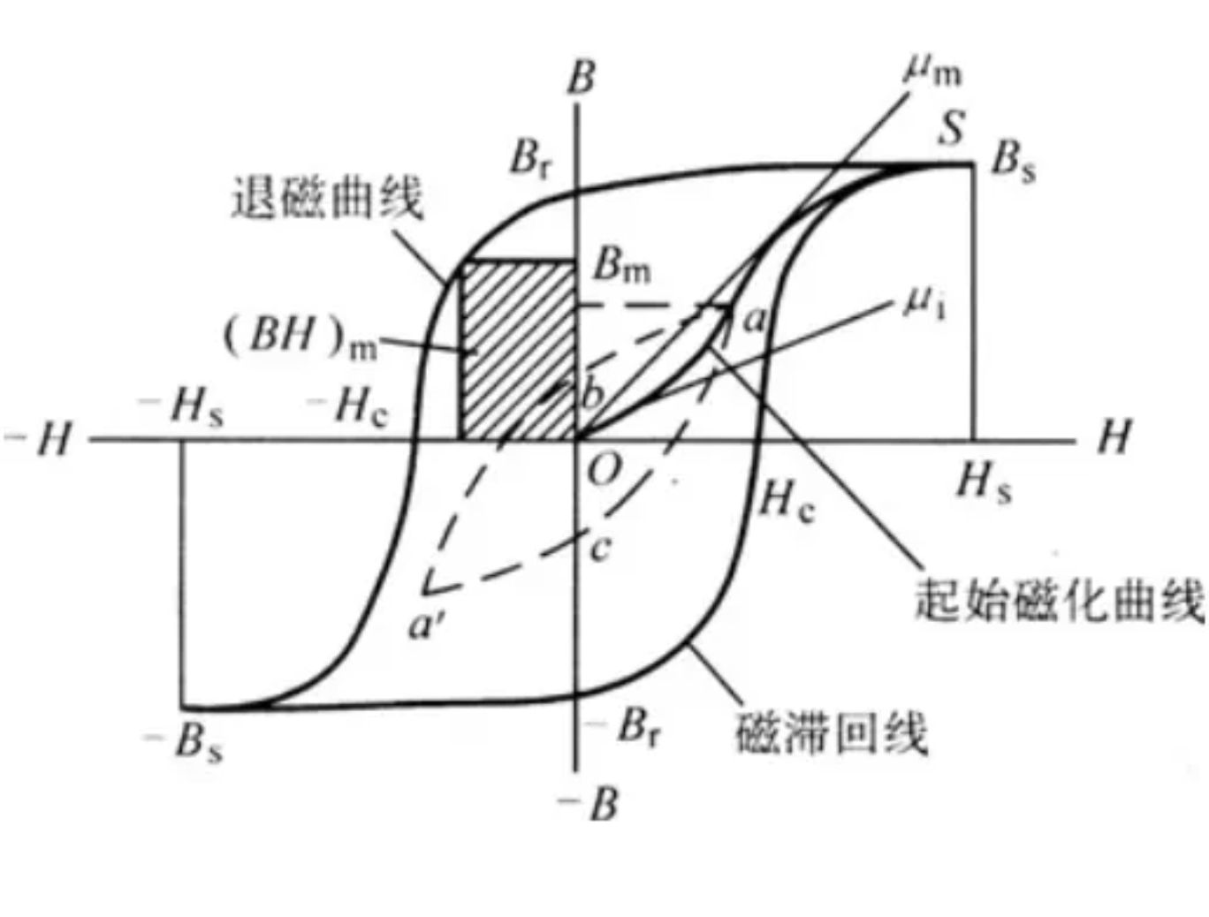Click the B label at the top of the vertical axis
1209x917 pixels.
[x=581, y=78]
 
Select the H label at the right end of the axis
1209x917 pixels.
[x=1114, y=436]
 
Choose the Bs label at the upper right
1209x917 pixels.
[x=1013, y=161]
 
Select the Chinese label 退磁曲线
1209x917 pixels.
[x=327, y=197]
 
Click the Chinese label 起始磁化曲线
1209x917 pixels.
[x=1059, y=601]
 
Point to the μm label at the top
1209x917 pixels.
[x=932, y=70]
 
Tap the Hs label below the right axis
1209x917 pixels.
[x=984, y=483]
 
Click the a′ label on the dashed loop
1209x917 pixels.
[x=427, y=625]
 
